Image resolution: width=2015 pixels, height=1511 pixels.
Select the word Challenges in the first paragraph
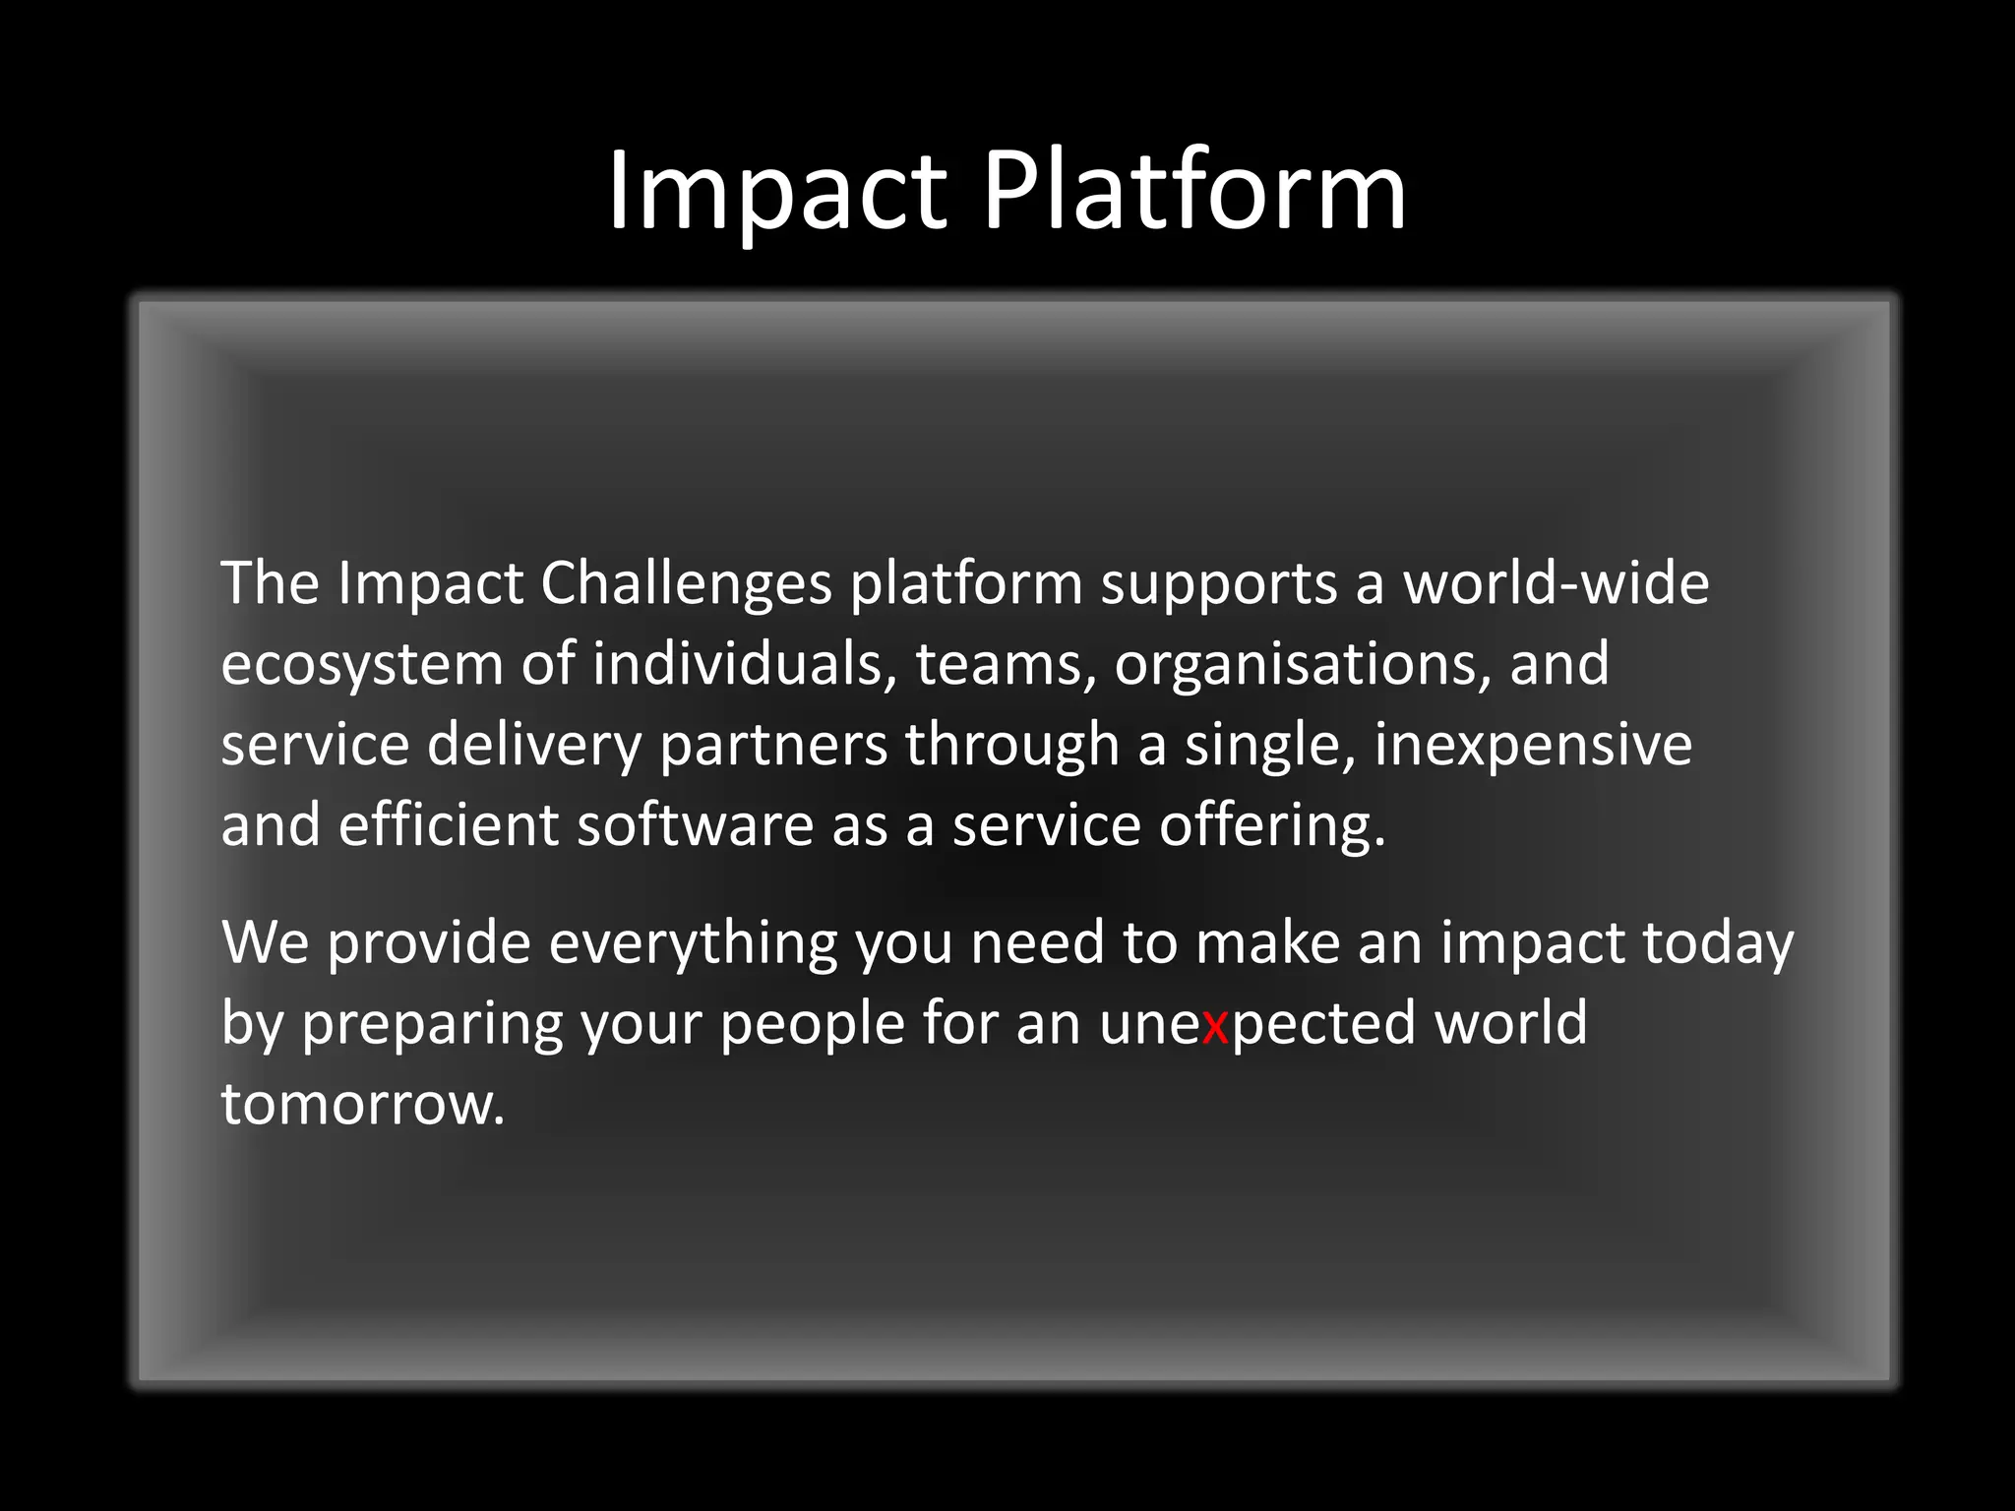(686, 584)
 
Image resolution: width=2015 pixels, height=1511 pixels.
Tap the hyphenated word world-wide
(1556, 584)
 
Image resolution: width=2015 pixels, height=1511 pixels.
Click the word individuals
(744, 665)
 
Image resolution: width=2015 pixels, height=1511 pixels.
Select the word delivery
(534, 746)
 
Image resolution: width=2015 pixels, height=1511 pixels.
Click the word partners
(773, 746)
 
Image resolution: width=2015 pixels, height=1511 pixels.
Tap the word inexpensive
(1533, 746)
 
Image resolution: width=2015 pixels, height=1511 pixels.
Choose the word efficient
(449, 825)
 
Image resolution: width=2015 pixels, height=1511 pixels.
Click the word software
(695, 825)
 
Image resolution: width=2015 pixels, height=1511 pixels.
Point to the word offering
(1271, 825)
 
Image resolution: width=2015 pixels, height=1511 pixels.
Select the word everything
(693, 944)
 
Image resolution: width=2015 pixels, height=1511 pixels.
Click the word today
(1718, 944)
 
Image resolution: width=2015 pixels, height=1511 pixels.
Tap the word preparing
(432, 1025)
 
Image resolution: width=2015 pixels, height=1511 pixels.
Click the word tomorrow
(362, 1105)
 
